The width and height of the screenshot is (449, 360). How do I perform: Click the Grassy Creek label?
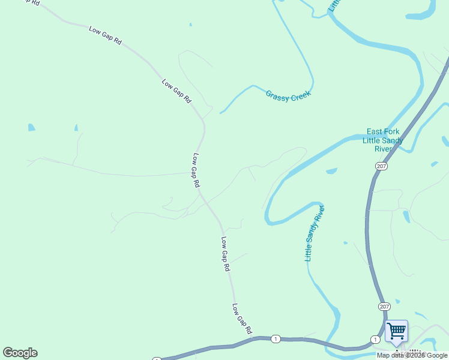pyautogui.click(x=288, y=95)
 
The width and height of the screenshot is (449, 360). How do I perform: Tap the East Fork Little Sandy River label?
pyautogui.click(x=383, y=140)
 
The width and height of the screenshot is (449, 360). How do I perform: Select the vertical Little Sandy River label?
pyautogui.click(x=315, y=233)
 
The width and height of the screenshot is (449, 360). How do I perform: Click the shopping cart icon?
pyautogui.click(x=396, y=331)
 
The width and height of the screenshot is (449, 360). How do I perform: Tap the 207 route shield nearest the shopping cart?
pyautogui.click(x=384, y=306)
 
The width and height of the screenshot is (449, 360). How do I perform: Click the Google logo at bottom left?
pyautogui.click(x=20, y=353)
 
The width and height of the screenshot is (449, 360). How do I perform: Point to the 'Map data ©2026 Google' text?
pyautogui.click(x=412, y=355)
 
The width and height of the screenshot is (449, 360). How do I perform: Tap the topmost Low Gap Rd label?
pyautogui.click(x=105, y=36)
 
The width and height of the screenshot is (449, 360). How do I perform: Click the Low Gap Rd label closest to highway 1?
pyautogui.click(x=241, y=318)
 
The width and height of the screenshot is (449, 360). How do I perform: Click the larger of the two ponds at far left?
pyautogui.click(x=31, y=127)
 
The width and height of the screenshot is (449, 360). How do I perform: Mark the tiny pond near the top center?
pyautogui.click(x=190, y=25)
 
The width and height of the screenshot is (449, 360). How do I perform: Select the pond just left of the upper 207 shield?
pyautogui.click(x=331, y=171)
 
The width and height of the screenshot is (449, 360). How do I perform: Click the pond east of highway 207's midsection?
pyautogui.click(x=406, y=216)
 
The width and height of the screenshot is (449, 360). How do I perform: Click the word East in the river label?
pyautogui.click(x=375, y=132)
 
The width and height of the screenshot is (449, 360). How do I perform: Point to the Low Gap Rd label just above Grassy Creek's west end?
pyautogui.click(x=176, y=91)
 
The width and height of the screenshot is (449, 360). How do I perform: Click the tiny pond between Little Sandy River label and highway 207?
pyautogui.click(x=345, y=243)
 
